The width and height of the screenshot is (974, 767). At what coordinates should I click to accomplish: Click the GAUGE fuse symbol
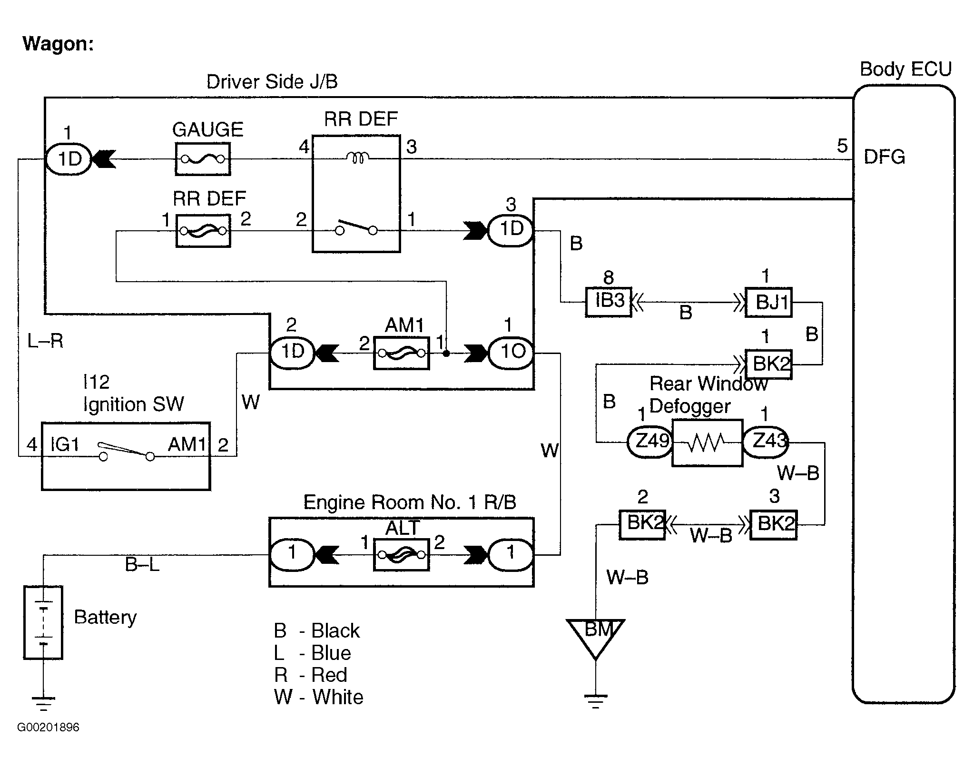coord(203,159)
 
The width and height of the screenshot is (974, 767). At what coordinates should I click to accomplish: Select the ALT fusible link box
coord(401,555)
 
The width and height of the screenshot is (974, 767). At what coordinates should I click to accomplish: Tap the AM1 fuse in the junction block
coord(401,353)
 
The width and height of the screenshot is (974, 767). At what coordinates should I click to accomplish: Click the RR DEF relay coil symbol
coord(357,157)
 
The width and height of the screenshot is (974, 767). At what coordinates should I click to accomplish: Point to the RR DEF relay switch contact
coord(356,228)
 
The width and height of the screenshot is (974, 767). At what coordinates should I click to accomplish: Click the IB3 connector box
coord(608,302)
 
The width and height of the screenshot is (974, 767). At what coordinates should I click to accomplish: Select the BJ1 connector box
coord(768,302)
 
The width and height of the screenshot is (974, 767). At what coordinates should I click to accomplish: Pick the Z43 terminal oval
coord(765,442)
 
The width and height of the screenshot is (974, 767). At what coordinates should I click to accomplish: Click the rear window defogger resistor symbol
coord(707,443)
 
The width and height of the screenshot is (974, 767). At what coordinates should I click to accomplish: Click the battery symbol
coord(43,622)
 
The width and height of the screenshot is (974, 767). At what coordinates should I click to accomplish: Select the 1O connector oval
coord(512,353)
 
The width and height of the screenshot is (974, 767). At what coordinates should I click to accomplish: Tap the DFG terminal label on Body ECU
coord(884,157)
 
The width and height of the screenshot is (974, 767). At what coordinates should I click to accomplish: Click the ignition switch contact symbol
coord(126,451)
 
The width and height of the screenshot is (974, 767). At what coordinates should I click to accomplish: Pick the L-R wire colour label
coord(45,341)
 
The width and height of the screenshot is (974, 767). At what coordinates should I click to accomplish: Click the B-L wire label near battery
coord(142,565)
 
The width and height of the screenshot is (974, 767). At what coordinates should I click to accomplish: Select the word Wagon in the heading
coord(58,44)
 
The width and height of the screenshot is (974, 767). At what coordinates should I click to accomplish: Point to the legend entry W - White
coord(318,697)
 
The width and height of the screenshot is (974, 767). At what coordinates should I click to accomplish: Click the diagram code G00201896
coord(49,727)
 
